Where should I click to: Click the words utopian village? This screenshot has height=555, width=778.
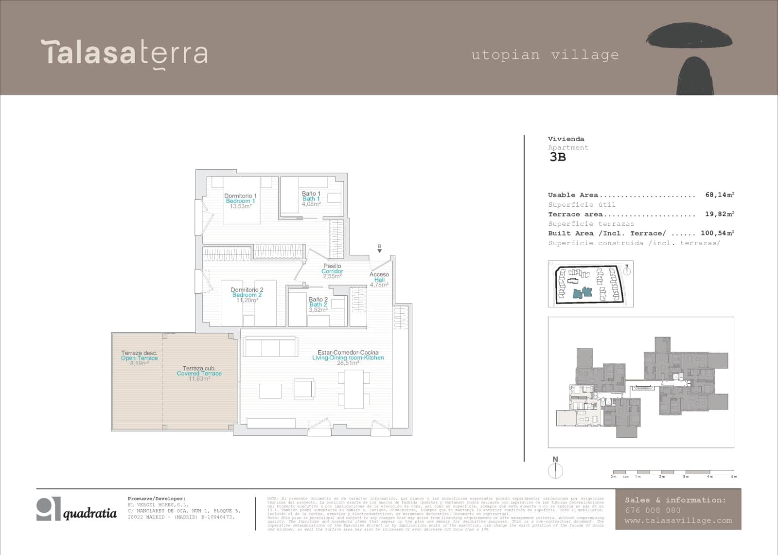point(545,54)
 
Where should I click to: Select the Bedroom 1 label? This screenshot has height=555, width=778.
point(240,201)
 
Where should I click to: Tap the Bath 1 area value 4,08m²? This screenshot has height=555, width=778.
point(311,204)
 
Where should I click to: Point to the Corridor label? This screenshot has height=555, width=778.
point(332,271)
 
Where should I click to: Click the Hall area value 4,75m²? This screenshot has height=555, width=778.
point(379,285)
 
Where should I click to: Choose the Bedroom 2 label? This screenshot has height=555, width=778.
point(247,295)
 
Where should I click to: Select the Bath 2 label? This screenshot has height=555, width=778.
point(318,304)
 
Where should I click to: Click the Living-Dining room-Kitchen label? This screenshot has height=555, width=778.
point(348,358)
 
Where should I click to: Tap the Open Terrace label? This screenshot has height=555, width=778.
point(140,358)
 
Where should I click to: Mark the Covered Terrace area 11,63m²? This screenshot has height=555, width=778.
point(199,379)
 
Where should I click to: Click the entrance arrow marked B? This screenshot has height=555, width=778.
point(379,248)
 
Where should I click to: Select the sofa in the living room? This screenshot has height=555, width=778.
point(270,348)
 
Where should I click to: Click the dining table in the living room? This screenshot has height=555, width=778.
point(354,389)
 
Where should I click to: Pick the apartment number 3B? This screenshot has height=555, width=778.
point(558,157)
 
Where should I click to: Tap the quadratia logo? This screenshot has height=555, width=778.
point(77,509)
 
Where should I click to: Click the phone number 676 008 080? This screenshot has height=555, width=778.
point(653,510)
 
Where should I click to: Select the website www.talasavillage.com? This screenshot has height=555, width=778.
point(678,520)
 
